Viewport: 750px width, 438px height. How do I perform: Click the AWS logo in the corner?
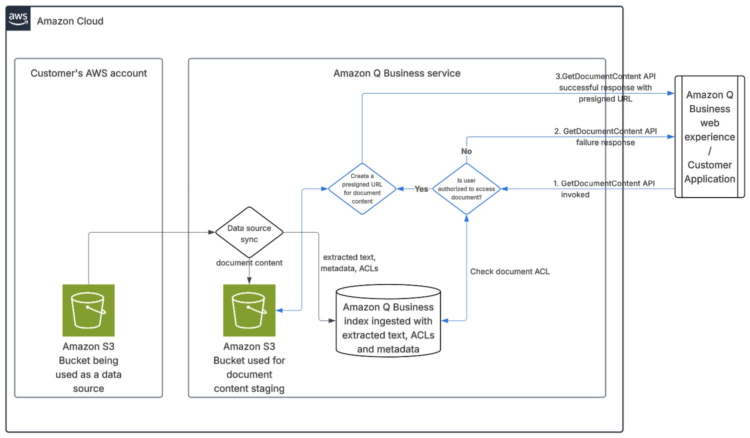[19, 19]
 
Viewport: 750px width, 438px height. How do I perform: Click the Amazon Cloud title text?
[70, 21]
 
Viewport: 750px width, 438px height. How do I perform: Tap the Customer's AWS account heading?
[89, 73]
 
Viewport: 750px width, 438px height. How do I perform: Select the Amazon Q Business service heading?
[397, 73]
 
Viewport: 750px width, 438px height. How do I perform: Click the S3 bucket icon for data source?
[89, 310]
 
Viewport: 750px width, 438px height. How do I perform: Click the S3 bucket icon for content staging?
[249, 310]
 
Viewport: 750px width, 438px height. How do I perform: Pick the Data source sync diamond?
[249, 233]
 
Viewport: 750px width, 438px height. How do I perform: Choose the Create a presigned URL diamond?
[362, 189]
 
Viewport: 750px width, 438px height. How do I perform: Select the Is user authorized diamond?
[466, 189]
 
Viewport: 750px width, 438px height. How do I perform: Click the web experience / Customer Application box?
[709, 137]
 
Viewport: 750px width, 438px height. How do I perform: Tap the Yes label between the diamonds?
[421, 189]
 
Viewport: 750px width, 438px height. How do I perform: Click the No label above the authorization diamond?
[466, 151]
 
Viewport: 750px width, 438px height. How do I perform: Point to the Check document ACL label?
[510, 271]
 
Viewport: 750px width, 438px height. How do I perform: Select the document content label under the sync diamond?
[249, 263]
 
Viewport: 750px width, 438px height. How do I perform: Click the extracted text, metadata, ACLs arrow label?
[349, 263]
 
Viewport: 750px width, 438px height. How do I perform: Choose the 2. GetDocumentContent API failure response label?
[605, 137]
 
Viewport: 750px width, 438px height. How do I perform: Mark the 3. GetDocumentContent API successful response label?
[605, 88]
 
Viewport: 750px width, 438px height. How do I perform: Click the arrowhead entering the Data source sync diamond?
[212, 232]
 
